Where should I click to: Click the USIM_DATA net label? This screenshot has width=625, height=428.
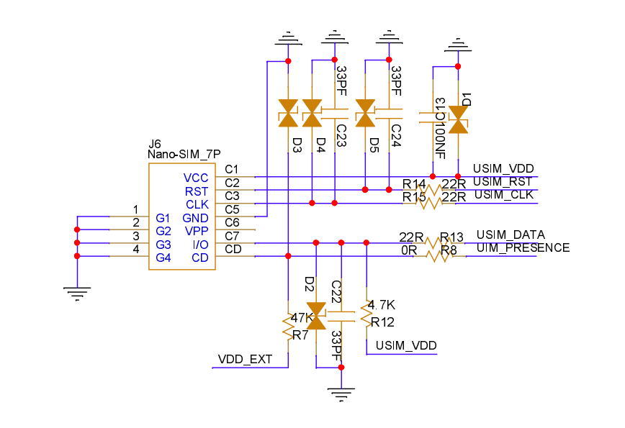pos(511,235)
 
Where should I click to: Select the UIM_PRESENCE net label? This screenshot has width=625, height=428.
pos(523,247)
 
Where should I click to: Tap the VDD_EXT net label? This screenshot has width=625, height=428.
pos(245,359)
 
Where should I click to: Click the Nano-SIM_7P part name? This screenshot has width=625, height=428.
pos(184,154)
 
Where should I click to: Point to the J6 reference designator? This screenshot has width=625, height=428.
pos(154,144)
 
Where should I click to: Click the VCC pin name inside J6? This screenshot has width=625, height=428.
pos(196,178)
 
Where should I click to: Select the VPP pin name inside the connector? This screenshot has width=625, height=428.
pos(197,231)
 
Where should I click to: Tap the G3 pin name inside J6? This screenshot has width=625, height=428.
pos(163,245)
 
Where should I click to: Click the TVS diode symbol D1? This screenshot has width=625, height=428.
pos(458,119)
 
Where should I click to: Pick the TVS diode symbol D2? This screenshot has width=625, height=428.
pos(317,316)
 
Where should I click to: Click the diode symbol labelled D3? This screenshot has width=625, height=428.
pos(288,113)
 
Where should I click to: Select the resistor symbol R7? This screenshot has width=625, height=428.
pos(288,327)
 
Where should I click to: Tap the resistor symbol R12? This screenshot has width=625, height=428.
pos(367,314)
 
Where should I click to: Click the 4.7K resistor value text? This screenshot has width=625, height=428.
pos(381,305)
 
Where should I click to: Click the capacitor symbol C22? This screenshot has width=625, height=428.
pos(341,317)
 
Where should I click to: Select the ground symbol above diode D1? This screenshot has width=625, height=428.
pos(458,45)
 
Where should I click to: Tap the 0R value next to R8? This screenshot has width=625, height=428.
pos(409,250)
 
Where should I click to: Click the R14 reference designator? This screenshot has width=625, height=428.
pos(414,184)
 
